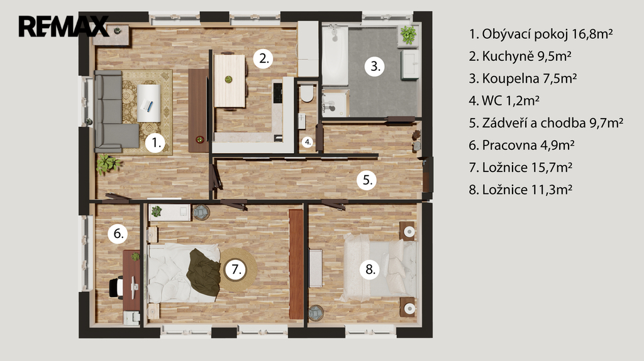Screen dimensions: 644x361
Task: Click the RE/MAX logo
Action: [64, 26]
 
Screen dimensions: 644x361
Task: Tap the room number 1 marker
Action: [155, 143]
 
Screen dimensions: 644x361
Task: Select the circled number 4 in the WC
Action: [308, 143]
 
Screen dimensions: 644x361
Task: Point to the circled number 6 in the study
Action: [118, 234]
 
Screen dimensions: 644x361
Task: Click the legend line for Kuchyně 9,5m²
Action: [520, 56]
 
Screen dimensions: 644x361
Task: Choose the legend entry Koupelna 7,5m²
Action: [523, 78]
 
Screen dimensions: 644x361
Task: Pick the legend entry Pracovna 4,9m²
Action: [521, 145]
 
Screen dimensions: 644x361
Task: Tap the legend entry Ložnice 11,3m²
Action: [521, 190]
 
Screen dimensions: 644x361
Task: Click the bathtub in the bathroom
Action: [335, 55]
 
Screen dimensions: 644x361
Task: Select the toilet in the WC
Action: [306, 93]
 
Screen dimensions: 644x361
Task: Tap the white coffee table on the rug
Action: [148, 103]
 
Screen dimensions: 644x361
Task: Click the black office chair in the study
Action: [116, 287]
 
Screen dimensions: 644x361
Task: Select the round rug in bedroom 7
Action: [238, 269]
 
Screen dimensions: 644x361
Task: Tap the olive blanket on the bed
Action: [204, 272]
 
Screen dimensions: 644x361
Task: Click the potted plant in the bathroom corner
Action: [408, 35]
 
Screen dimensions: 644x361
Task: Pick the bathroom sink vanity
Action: [410, 64]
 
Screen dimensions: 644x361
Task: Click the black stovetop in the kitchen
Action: [277, 93]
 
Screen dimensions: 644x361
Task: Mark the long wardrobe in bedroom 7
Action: [296, 264]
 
